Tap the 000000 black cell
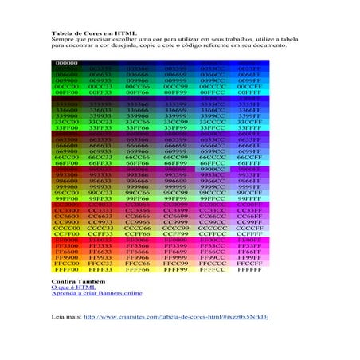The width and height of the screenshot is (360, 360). tap(67, 62)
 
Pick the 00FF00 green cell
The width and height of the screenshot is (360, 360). tap(67, 92)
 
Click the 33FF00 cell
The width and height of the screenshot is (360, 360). tap(67, 127)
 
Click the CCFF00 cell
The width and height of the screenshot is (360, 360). tap(67, 233)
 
